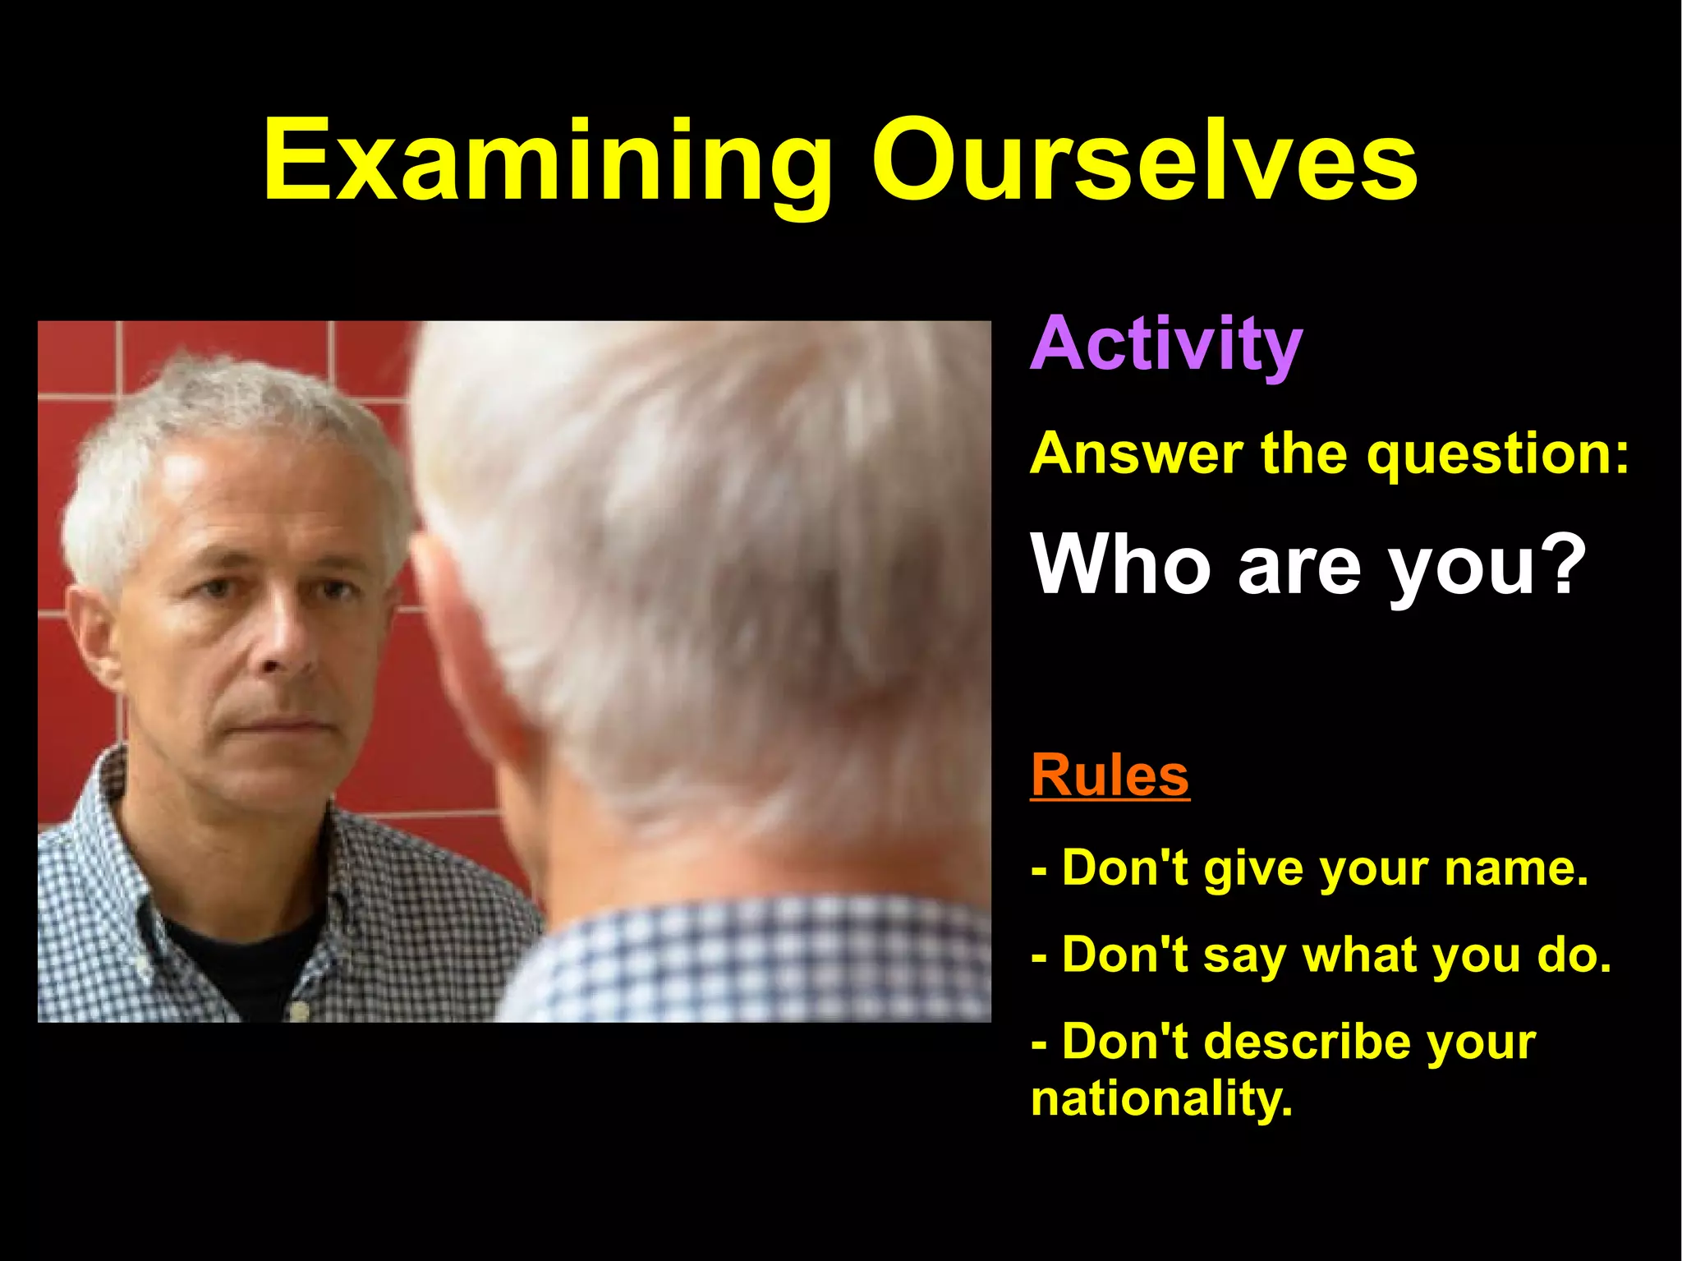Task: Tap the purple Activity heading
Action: click(x=1166, y=345)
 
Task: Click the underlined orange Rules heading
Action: click(x=1110, y=776)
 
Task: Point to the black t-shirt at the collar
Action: click(x=238, y=953)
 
